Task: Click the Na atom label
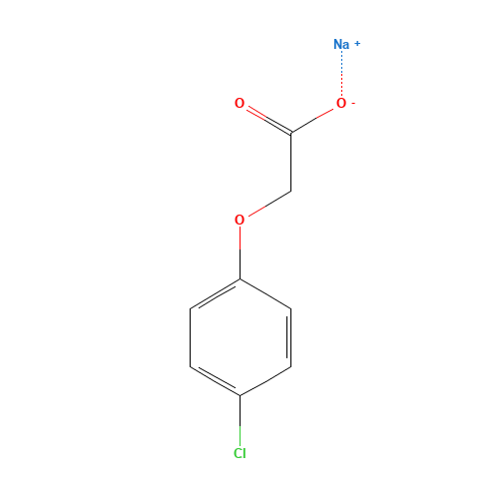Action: pos(341,44)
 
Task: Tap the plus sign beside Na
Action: pos(357,42)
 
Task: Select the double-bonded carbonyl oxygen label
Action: pos(240,103)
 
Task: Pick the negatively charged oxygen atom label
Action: pos(340,103)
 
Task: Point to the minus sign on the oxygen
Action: pos(352,99)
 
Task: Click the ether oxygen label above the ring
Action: pos(240,220)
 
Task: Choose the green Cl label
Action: pos(240,453)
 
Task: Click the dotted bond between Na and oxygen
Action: pos(341,73)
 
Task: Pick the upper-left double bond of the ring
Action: pos(215,294)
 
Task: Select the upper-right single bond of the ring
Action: pos(265,294)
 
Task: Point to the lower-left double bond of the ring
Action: pos(215,381)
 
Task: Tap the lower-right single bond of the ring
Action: pos(265,381)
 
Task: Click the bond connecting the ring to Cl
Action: pos(240,419)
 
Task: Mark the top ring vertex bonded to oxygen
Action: pos(240,279)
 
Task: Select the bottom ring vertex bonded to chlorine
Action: pos(240,396)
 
